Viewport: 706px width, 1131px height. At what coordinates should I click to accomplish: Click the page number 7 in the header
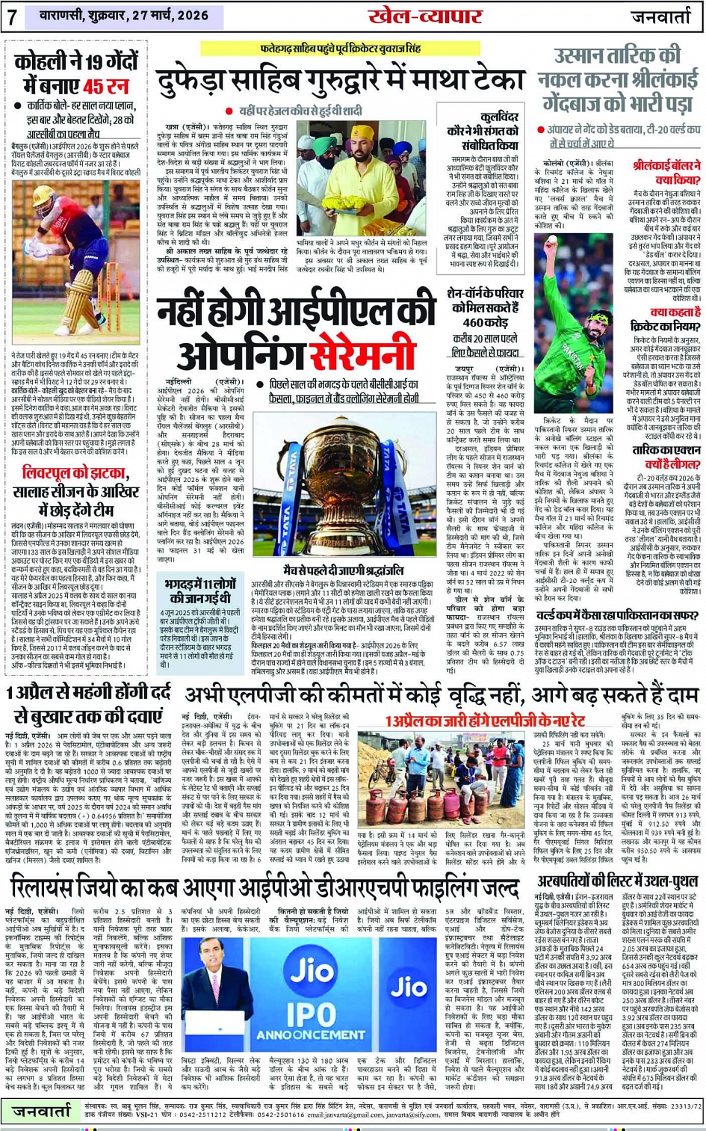pyautogui.click(x=13, y=16)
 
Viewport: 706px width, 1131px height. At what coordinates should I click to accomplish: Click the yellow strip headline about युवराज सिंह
pyautogui.click(x=340, y=49)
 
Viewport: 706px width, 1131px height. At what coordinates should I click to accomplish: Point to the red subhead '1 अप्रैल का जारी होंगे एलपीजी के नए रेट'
pyautogui.click(x=484, y=721)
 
